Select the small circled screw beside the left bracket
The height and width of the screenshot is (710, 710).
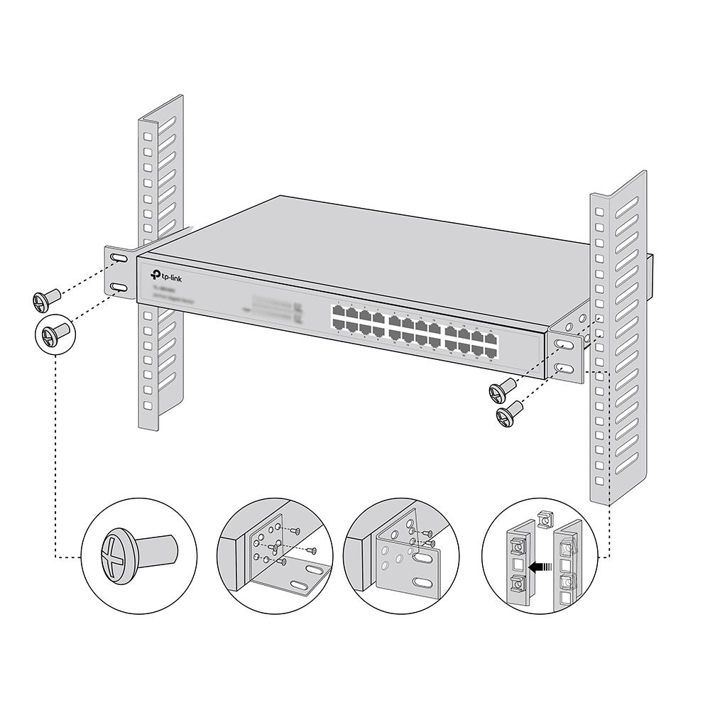pos(53,332)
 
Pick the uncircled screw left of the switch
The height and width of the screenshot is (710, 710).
pos(43,300)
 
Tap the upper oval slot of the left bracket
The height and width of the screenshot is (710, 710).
pos(119,260)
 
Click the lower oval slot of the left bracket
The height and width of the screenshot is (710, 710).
pos(119,286)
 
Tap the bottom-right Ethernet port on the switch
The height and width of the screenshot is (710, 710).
pos(491,349)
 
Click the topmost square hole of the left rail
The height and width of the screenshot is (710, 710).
pos(147,136)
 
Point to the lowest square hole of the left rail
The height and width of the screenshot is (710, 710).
pos(148,406)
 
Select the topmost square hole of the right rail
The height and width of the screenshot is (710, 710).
pos(598,212)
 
